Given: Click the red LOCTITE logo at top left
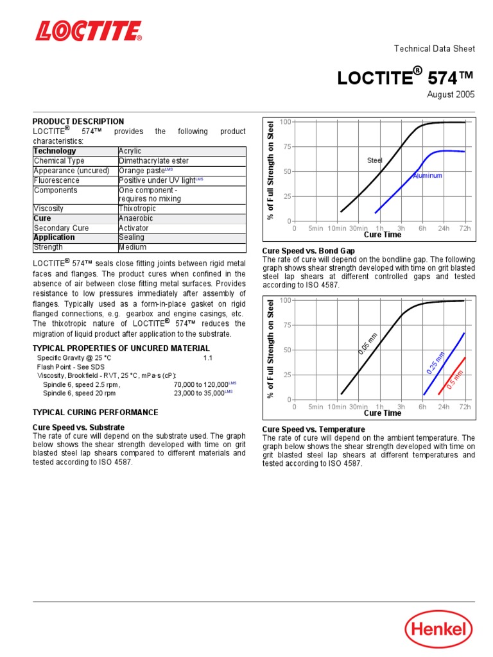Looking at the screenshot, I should tap(89, 31).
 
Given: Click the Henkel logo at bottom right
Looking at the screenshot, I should tap(438, 629).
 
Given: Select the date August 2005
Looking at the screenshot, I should tap(451, 94).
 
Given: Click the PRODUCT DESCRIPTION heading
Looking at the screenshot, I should tap(78, 121).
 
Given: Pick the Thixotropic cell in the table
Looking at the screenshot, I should tap(137, 209).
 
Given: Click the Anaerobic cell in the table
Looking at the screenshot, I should tap(136, 218).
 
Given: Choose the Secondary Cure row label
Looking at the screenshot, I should tap(61, 228).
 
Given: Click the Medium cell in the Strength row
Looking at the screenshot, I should tap(132, 247).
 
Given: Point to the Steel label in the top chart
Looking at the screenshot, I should tap(374, 160).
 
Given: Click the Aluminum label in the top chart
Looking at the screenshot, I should tap(427, 175).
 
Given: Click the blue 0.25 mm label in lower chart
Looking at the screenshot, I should tap(435, 363).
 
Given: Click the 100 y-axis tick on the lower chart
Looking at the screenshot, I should tap(285, 300).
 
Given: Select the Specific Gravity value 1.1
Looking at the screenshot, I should tap(207, 357).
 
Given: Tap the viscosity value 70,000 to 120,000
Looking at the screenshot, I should tap(201, 385).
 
